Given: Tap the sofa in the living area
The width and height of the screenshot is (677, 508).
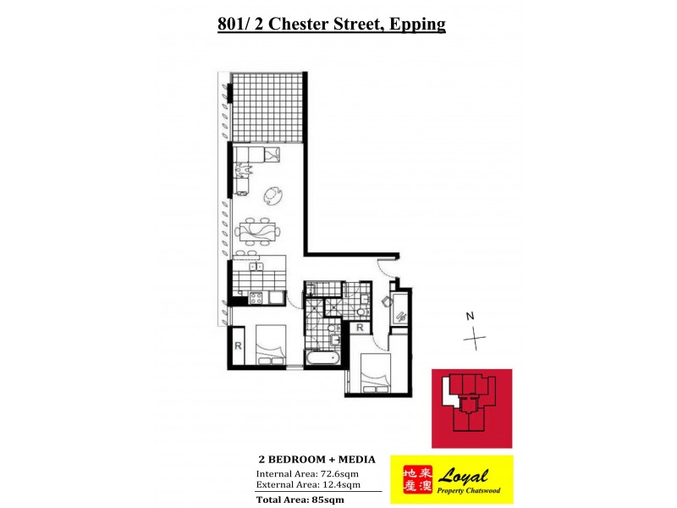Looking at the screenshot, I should tap(255, 154).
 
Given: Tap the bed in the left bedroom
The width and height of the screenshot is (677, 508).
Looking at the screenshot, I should tap(269, 348).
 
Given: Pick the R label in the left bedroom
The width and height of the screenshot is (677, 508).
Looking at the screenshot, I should tap(238, 346).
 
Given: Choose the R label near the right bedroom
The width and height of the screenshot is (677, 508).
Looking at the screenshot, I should tap(360, 327).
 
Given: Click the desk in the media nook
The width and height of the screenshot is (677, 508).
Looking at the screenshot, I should tap(399, 309).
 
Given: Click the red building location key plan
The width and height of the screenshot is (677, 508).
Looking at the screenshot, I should tap(471, 408).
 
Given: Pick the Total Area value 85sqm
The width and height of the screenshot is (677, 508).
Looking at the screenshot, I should tap(327, 500).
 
